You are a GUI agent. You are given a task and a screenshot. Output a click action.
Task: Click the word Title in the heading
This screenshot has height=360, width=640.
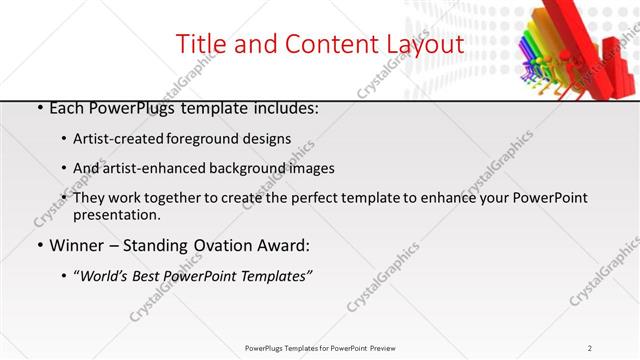[198, 44]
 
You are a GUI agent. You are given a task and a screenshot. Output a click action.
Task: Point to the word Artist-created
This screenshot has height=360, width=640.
[113, 139]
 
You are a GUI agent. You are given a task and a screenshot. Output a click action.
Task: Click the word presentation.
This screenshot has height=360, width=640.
[115, 214]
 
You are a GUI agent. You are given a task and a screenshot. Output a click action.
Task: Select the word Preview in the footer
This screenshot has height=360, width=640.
[383, 347]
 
